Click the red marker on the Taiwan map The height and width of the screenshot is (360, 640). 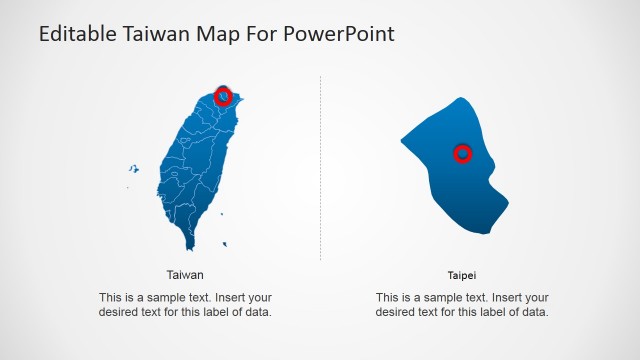(224, 96)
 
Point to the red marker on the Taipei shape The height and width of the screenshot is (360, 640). (462, 153)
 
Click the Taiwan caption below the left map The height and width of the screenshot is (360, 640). (185, 274)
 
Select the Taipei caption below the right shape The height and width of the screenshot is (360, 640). (462, 274)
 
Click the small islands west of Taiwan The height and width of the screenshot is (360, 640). (130, 170)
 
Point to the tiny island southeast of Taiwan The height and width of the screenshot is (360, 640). (225, 243)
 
